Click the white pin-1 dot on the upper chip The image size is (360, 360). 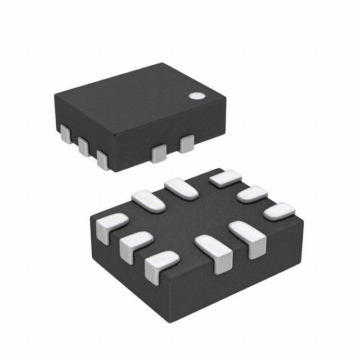[x=197, y=96]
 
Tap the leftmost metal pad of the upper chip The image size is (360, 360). [x=65, y=134]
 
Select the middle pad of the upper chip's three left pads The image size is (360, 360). [x=84, y=146]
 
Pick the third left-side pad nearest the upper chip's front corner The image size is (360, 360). [x=103, y=158]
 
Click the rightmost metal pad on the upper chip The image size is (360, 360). [x=186, y=145]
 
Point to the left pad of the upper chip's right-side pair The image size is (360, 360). [x=160, y=153]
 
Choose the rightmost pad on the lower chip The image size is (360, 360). [x=280, y=212]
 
